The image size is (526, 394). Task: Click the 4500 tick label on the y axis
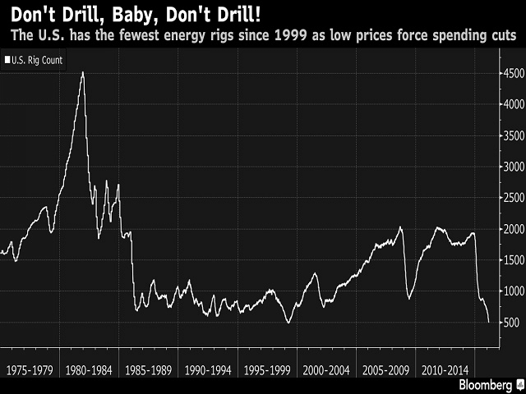510,74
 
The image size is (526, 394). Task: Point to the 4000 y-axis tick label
510,104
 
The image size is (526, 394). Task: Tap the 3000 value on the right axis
510,167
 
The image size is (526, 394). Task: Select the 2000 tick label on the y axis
510,228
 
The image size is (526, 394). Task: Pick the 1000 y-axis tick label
510,291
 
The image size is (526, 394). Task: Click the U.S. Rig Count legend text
38,60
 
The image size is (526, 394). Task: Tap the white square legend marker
7,60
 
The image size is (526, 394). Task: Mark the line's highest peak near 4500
82,72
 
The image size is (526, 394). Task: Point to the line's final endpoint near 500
489,322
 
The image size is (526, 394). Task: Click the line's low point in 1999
288,322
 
